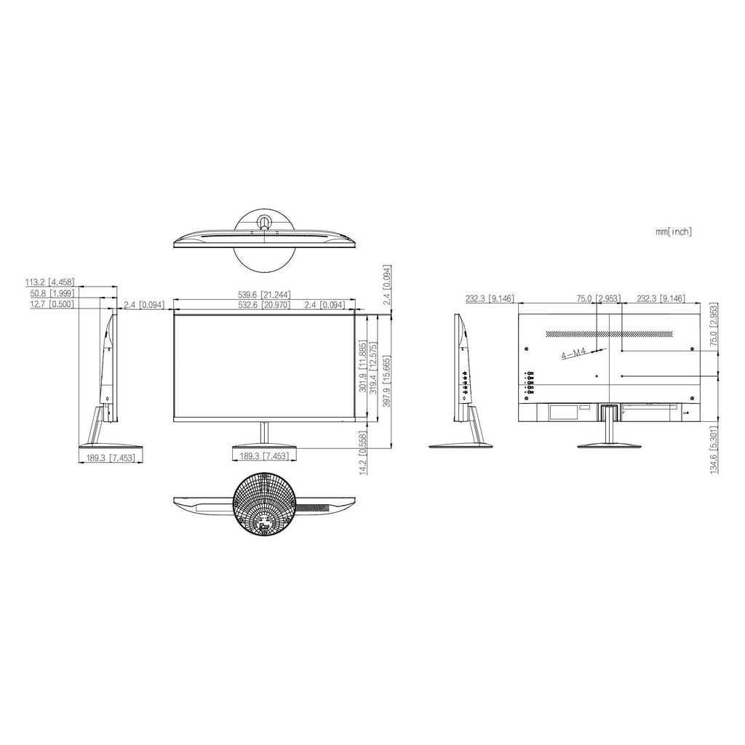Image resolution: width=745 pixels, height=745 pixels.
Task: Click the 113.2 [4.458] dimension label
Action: (49, 283)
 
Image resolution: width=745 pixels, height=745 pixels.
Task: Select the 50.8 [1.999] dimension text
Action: (52, 294)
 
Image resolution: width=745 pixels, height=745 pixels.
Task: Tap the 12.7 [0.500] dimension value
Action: (52, 304)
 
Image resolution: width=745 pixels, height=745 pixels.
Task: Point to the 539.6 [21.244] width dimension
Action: (264, 295)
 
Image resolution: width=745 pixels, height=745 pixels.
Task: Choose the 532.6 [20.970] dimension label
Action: (264, 305)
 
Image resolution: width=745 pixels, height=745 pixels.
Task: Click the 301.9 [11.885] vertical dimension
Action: (362, 366)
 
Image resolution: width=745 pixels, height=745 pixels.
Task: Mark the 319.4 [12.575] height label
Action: (373, 367)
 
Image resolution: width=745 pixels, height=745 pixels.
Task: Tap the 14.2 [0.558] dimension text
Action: (363, 453)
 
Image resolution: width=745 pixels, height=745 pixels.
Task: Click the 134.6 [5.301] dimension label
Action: (714, 450)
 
